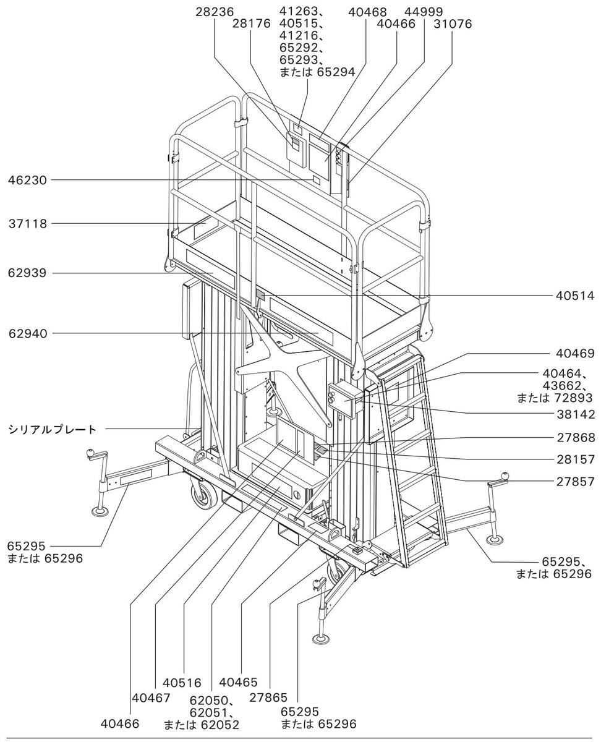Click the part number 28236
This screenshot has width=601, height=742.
click(x=215, y=12)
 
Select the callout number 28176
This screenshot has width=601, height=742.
click(x=251, y=23)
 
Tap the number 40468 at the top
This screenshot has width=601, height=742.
click(x=367, y=12)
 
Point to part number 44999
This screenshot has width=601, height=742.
click(x=424, y=12)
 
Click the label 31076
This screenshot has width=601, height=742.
click(x=453, y=23)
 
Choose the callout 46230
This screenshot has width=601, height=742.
click(x=27, y=181)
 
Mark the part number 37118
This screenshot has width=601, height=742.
click(x=27, y=224)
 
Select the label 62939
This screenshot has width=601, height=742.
click(x=27, y=273)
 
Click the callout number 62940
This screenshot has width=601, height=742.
click(x=28, y=333)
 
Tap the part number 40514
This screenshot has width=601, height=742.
click(x=575, y=296)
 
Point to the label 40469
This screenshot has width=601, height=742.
click(x=575, y=354)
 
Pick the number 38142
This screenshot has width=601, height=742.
click(x=576, y=414)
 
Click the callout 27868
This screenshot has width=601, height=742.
click(x=576, y=437)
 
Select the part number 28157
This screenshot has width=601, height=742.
click(x=576, y=459)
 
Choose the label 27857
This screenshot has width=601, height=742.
click(x=575, y=482)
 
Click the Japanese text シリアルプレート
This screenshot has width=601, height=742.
click(x=53, y=430)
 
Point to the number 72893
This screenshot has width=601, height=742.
click(x=573, y=398)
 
